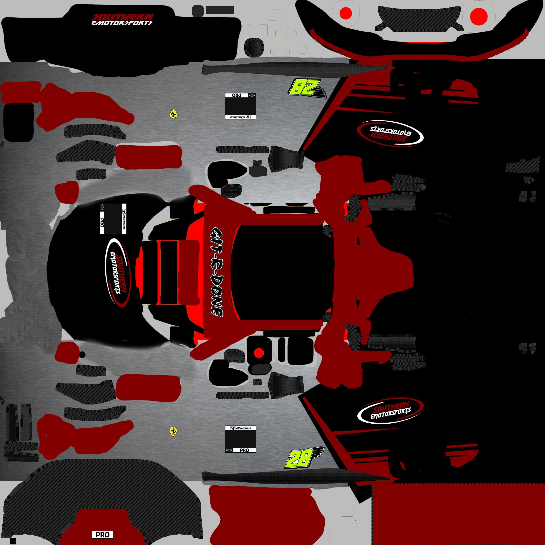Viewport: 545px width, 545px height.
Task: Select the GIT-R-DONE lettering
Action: point(217,271)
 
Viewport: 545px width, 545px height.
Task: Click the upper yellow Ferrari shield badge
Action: point(173,113)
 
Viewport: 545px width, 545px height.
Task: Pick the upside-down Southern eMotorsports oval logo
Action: point(390,133)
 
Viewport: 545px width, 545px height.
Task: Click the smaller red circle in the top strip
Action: point(346,13)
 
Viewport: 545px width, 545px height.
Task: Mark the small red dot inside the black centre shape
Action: point(258,353)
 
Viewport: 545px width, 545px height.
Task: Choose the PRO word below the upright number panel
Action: point(244,450)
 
